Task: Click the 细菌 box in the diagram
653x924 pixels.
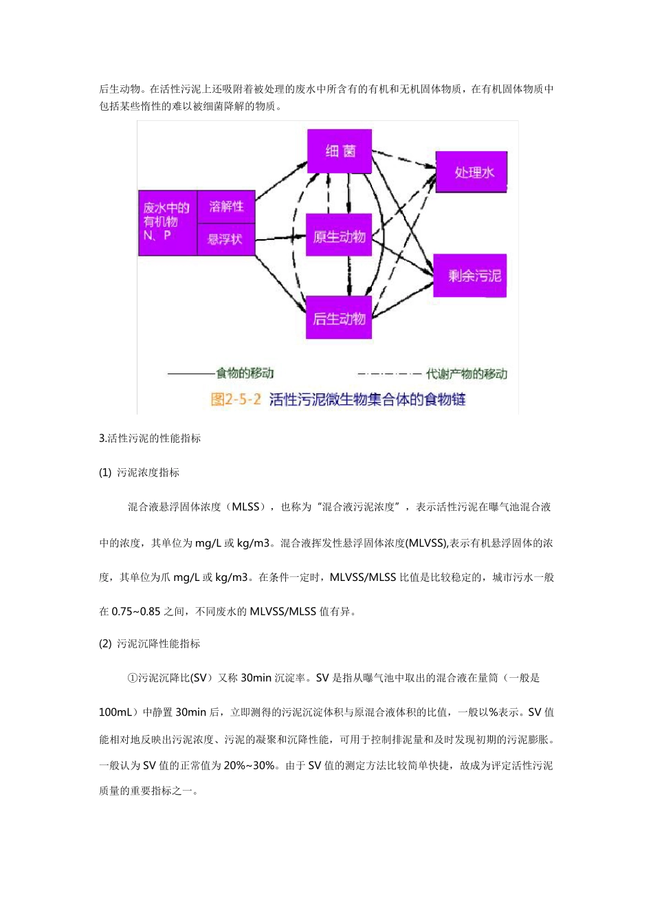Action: pos(340,151)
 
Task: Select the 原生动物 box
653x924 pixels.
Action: pos(339,236)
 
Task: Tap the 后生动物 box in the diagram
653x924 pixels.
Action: pos(339,318)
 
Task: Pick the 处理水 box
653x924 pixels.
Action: pos(472,172)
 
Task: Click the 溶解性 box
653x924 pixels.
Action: pos(226,206)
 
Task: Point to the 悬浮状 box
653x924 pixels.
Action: pos(225,239)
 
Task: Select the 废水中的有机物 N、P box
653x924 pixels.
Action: pos(167,222)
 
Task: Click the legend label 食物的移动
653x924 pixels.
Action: pos(245,373)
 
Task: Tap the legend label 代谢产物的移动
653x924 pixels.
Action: pos(467,374)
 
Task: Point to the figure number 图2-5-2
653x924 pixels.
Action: pos(236,399)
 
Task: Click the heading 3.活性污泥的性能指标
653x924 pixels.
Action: pos(150,438)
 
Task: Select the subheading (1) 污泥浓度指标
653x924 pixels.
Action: pos(140,472)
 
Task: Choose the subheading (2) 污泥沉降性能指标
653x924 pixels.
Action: pos(150,643)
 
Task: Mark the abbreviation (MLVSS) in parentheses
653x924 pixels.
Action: pos(426,543)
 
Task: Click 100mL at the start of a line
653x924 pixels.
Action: pos(117,712)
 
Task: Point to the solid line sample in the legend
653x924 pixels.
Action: pos(191,374)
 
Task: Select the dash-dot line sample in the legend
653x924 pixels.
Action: pos(389,374)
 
